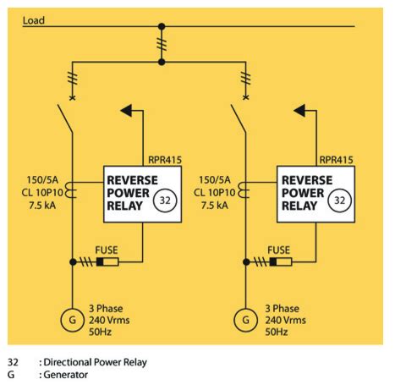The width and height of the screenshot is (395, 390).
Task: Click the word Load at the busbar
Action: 34,20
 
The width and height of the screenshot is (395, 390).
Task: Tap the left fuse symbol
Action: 107,262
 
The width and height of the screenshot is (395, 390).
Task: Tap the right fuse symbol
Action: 281,262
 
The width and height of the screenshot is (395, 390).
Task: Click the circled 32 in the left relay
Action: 165,200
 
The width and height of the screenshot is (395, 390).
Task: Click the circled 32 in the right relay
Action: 339,200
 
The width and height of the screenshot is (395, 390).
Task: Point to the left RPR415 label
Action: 165,160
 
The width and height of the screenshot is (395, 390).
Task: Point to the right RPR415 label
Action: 336,160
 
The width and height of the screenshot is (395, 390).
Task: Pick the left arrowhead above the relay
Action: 126,110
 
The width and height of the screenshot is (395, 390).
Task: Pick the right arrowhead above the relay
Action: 299,110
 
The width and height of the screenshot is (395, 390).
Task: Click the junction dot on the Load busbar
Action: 162,26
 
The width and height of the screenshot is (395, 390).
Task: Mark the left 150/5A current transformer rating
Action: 42,180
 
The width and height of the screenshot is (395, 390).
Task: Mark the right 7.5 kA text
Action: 215,206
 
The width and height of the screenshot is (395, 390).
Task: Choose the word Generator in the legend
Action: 66,375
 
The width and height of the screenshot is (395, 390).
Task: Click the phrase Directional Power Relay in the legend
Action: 96,362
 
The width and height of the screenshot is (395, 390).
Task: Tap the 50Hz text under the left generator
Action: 101,332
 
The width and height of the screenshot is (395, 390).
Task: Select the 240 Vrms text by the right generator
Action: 285,320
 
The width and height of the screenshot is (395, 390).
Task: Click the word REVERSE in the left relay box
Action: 132,180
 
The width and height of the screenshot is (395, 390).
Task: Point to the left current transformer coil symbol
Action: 71,190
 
